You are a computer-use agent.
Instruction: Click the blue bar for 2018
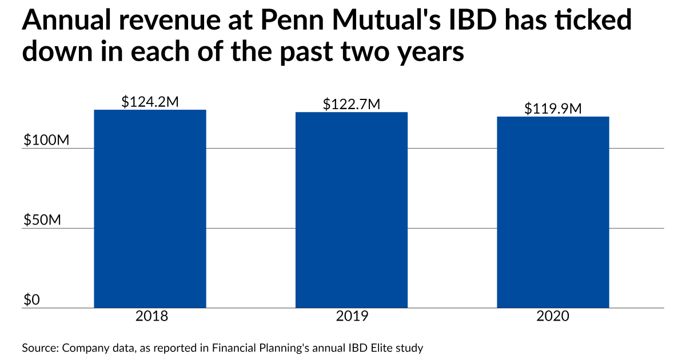[x=150, y=209]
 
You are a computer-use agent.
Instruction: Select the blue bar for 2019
[x=351, y=210]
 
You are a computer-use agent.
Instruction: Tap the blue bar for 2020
[x=553, y=212]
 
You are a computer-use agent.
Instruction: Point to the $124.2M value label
[x=150, y=102]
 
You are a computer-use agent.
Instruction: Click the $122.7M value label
[x=351, y=104]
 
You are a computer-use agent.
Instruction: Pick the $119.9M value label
[x=553, y=109]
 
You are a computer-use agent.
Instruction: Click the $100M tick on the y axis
[x=46, y=141]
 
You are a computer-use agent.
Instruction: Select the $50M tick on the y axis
[x=42, y=220]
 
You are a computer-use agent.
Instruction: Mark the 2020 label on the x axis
[x=553, y=316]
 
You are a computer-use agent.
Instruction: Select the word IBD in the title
[x=488, y=21]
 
